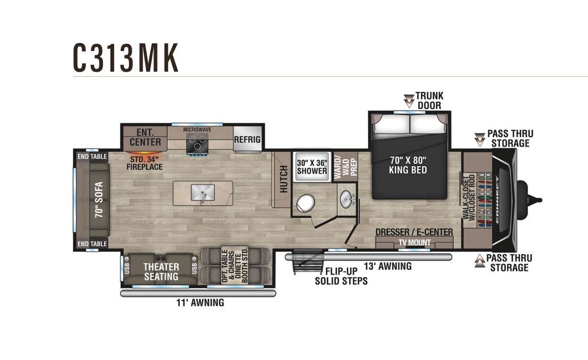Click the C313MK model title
point(126,58)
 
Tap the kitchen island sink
point(203,193)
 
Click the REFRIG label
point(247,140)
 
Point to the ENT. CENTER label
point(145,137)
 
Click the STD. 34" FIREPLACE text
point(144,163)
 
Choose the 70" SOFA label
point(99,200)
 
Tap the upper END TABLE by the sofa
point(92,157)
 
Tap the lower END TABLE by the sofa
point(92,244)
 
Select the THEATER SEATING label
point(161,272)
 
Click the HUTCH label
point(284,179)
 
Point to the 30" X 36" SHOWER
point(312,167)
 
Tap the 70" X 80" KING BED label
point(408,165)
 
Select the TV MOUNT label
point(414,243)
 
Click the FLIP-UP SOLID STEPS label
point(341,276)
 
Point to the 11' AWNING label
point(200,303)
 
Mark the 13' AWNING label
point(388,266)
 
